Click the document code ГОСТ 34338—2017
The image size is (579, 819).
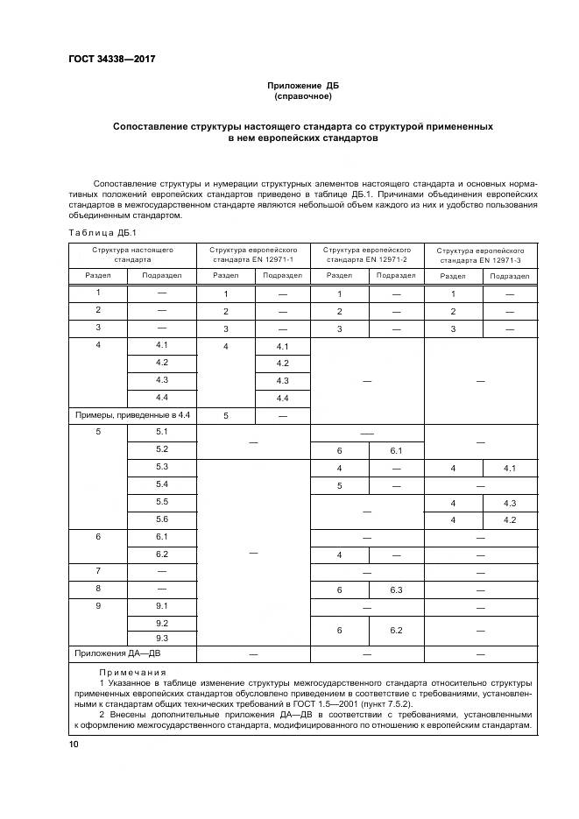pyautogui.click(x=105, y=60)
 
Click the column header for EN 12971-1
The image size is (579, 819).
pyautogui.click(x=254, y=254)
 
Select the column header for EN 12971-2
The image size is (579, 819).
pyautogui.click(x=368, y=254)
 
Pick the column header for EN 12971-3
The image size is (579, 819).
pyautogui.click(x=479, y=255)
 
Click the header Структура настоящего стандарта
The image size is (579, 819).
pyautogui.click(x=132, y=254)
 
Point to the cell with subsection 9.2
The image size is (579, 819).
pyautogui.click(x=161, y=623)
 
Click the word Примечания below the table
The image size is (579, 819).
pyautogui.click(x=125, y=671)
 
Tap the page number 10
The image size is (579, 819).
pyautogui.click(x=74, y=744)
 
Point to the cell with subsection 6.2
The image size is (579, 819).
pyautogui.click(x=161, y=554)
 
